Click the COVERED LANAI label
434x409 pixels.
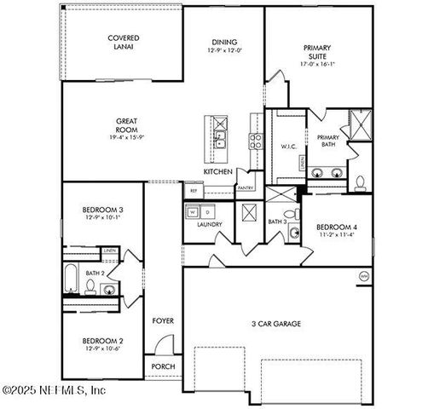pos(124,43)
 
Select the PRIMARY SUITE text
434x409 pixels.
pos(317,53)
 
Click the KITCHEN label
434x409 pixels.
pos(217,171)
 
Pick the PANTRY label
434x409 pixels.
pos(246,187)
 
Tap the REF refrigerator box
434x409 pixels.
pos(194,192)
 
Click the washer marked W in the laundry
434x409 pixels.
pos(193,210)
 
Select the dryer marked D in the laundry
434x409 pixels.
pos(207,210)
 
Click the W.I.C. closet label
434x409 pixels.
pos(288,147)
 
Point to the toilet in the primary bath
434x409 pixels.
pos(360,181)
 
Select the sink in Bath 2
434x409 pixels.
pos(108,290)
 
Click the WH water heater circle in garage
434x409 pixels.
pos(364,276)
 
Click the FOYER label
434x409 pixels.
pos(163,321)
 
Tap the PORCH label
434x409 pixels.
pos(163,367)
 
